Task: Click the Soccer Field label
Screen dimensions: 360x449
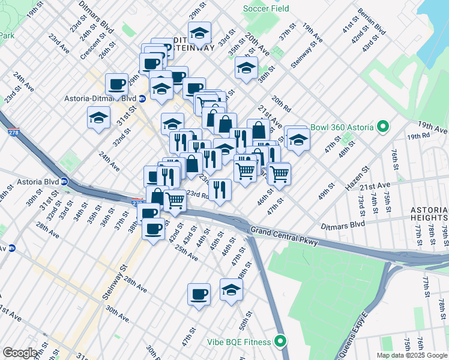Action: (265, 9)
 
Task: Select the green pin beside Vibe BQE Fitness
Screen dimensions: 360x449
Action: (279, 342)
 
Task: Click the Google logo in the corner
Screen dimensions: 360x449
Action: (19, 353)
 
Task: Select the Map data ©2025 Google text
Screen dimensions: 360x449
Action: (411, 355)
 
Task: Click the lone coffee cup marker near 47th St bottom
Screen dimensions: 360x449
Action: (199, 294)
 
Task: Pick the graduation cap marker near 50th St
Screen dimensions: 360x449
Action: (231, 290)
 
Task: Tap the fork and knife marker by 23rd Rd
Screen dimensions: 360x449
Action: (220, 189)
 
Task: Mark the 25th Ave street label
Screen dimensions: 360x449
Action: (186, 253)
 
